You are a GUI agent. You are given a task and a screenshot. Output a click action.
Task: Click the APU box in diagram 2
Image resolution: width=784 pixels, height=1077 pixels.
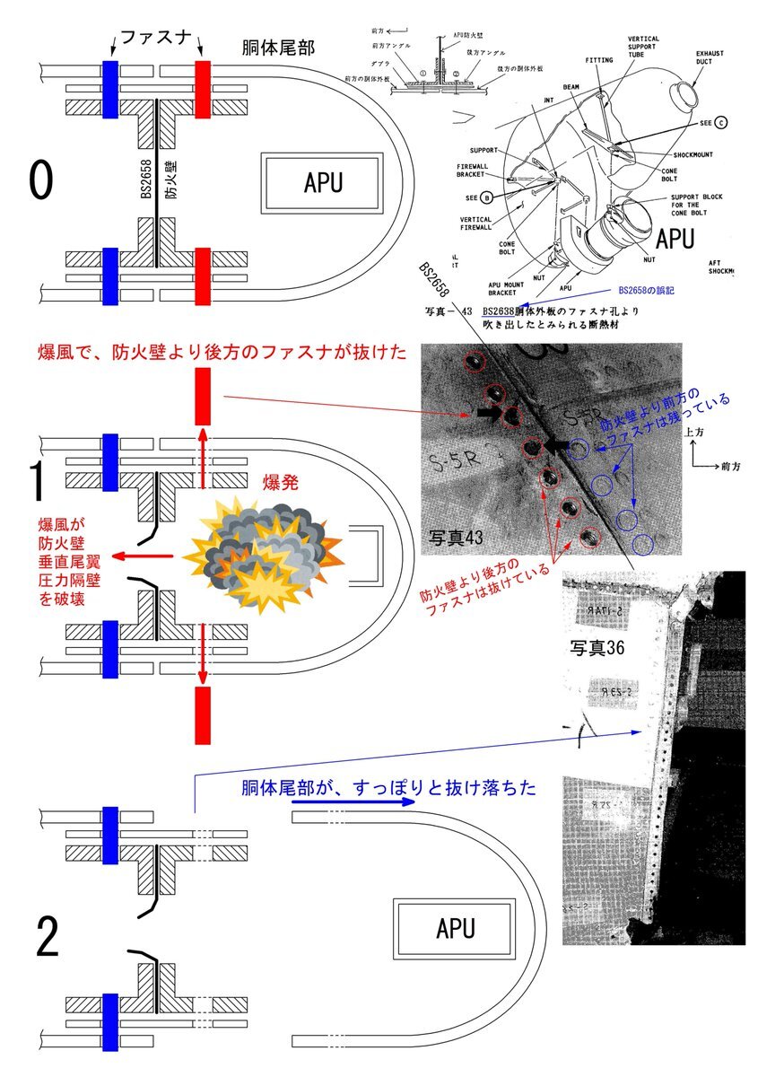(x=455, y=928)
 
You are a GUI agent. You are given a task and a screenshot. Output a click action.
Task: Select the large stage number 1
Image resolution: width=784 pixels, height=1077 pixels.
(x=39, y=482)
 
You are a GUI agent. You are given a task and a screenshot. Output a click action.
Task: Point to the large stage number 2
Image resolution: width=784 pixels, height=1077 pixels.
(x=47, y=938)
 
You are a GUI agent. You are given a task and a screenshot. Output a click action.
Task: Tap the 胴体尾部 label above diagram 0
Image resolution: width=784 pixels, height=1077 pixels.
(x=278, y=48)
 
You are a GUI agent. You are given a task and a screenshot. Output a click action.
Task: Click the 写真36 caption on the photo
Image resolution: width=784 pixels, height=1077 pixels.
(x=597, y=646)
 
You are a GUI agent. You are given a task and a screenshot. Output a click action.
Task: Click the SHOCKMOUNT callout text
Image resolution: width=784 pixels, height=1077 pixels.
(x=688, y=153)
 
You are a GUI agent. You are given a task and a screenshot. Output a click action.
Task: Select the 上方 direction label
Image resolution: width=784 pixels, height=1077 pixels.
(x=693, y=432)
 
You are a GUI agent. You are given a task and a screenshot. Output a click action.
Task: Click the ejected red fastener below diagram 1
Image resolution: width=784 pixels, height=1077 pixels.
(x=202, y=714)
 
